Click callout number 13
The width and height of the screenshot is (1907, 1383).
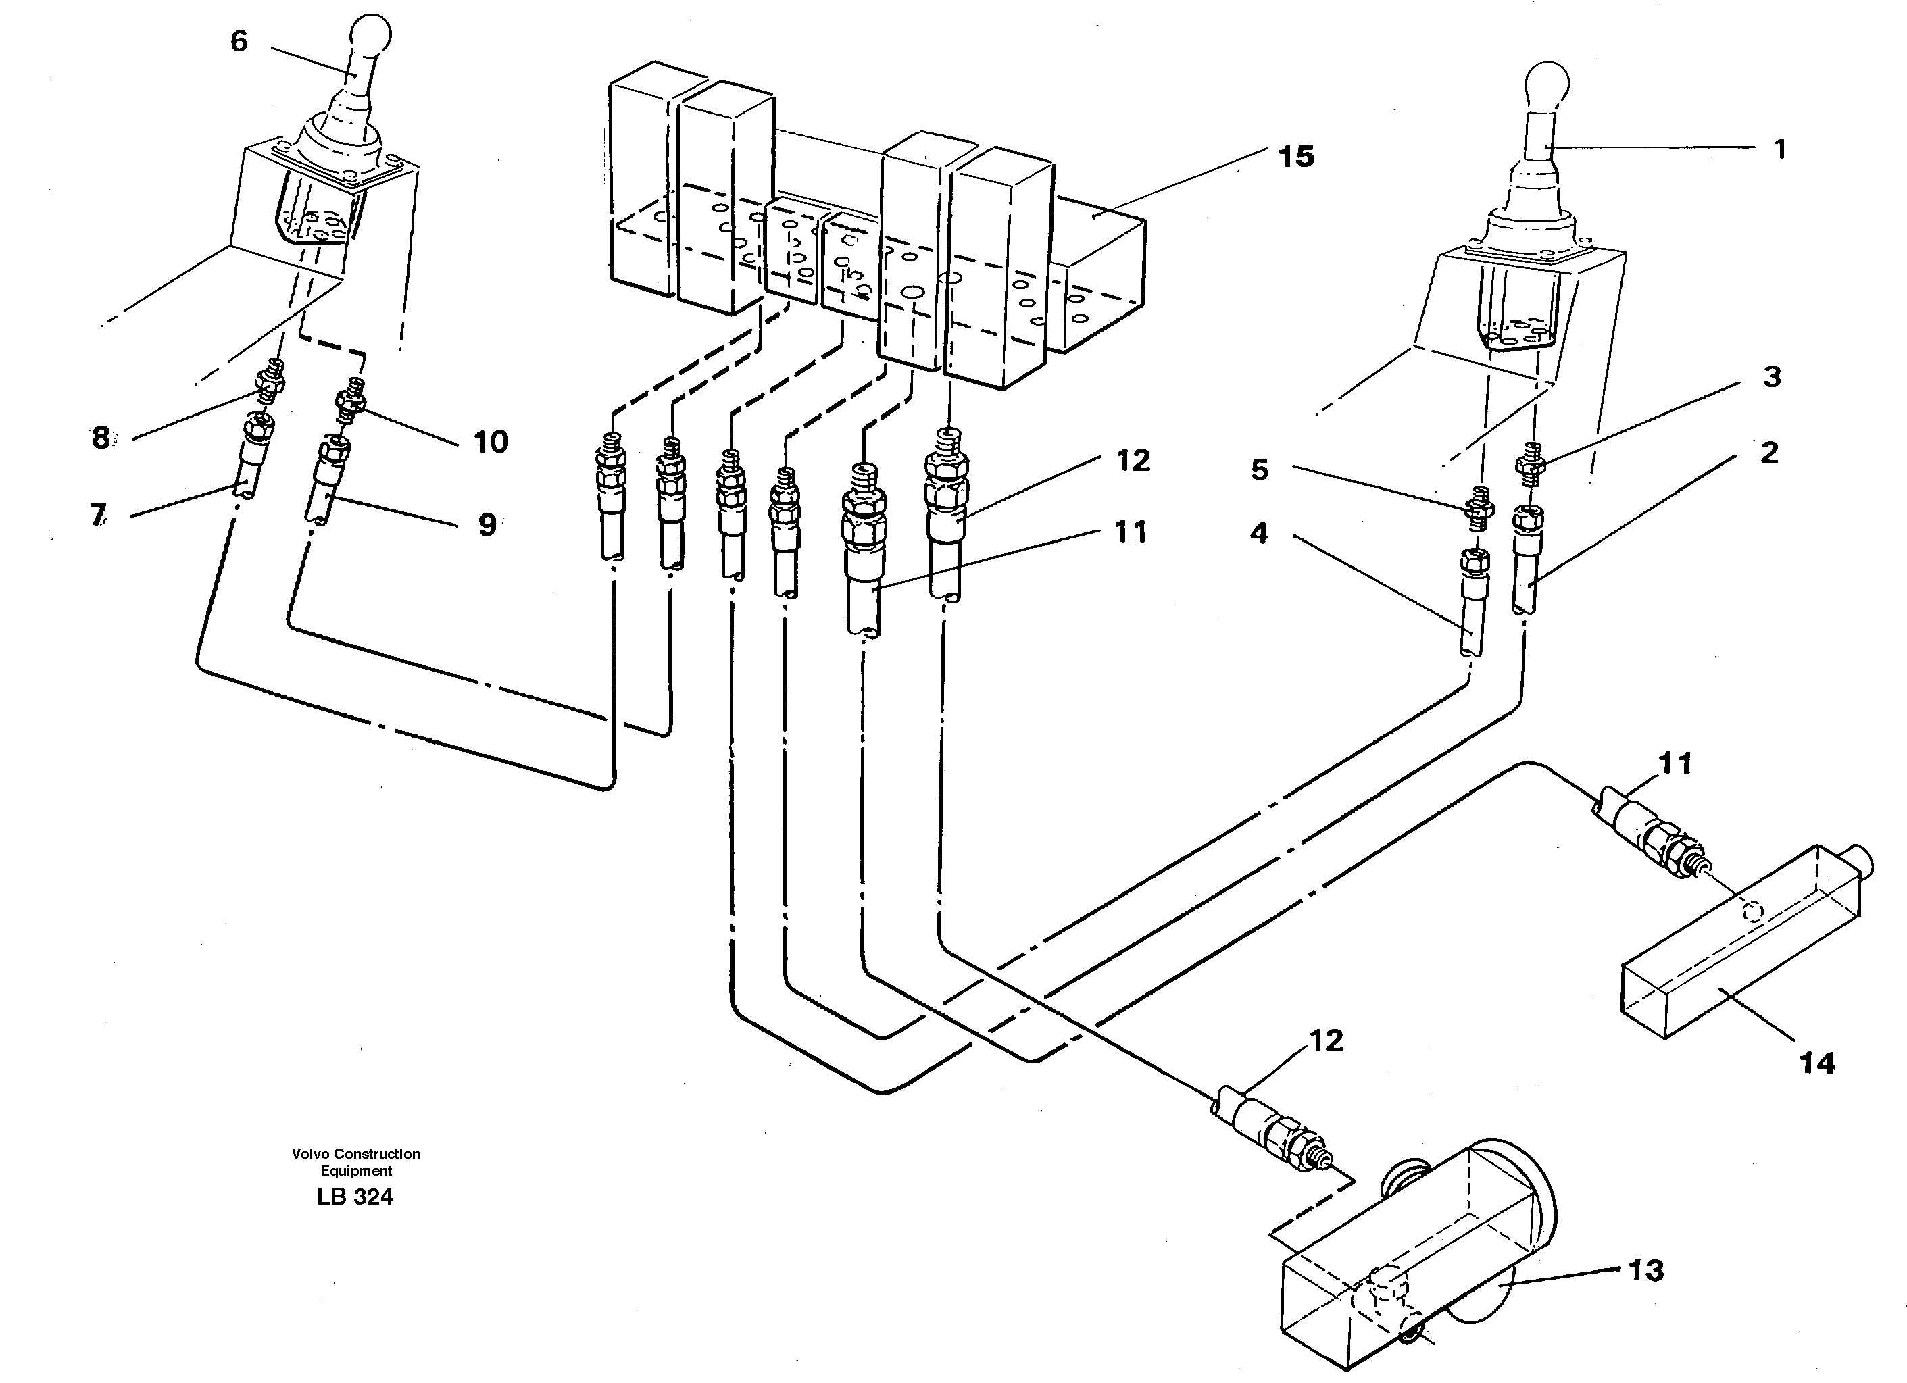(x=1645, y=1270)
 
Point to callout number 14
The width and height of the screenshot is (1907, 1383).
(x=1816, y=1063)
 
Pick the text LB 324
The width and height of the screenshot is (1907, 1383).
(x=355, y=1197)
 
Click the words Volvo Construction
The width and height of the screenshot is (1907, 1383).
(x=355, y=1153)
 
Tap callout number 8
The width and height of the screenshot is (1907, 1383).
(x=101, y=437)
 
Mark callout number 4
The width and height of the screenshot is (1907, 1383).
(x=1258, y=533)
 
